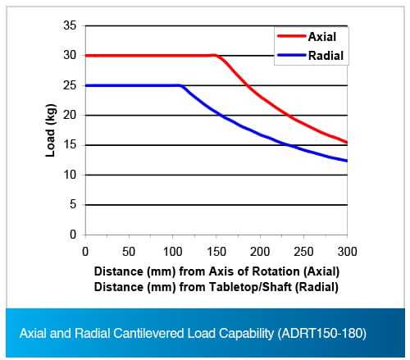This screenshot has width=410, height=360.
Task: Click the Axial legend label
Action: (322, 37)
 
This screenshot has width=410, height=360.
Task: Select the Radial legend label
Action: (326, 56)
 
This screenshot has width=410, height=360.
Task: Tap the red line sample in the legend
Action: (292, 36)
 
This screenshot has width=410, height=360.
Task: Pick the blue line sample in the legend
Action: (292, 55)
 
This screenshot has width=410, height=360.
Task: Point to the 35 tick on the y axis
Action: (70, 25)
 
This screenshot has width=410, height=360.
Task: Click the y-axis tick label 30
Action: (70, 55)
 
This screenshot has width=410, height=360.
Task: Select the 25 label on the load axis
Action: (70, 85)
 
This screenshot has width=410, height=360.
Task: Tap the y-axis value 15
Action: (70, 144)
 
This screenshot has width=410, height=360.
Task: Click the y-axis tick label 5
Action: (73, 204)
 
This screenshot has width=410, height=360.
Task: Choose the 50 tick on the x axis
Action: (129, 252)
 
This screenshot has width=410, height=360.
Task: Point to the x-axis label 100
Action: (172, 252)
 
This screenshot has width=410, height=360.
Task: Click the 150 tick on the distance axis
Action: (216, 252)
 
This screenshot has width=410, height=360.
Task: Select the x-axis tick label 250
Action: (303, 252)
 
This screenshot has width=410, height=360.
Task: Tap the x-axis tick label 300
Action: (347, 252)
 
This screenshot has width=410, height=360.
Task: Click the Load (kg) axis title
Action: (51, 130)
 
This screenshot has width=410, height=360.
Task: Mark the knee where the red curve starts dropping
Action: (216, 56)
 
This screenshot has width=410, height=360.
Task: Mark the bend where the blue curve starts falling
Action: (180, 86)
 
